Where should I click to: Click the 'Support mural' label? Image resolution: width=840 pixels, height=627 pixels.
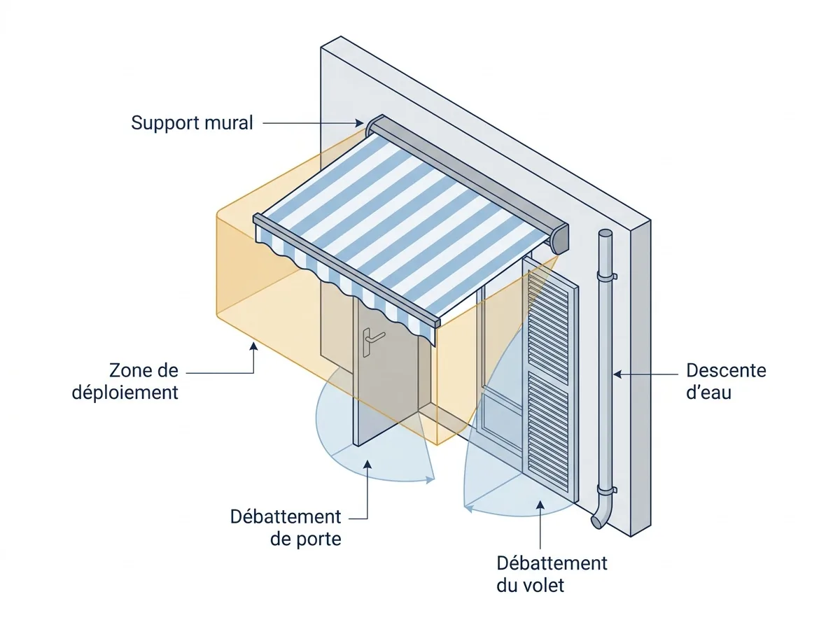click(192, 123)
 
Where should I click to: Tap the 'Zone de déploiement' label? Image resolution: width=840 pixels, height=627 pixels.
click(125, 381)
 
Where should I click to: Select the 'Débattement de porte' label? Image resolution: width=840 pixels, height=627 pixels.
click(286, 528)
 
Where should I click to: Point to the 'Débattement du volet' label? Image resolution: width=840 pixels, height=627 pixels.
click(552, 575)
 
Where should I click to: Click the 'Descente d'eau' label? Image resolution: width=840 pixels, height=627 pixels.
click(726, 381)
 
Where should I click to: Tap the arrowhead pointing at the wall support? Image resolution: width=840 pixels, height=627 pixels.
click(359, 123)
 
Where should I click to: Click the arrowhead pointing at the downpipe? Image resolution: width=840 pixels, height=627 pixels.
click(617, 374)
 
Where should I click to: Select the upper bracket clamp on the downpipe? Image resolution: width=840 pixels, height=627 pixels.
click(607, 276)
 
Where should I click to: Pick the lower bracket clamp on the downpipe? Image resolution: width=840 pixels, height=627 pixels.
click(607, 490)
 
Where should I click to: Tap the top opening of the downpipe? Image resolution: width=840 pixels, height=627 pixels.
click(605, 232)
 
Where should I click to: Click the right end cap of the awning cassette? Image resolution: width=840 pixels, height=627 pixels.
click(560, 239)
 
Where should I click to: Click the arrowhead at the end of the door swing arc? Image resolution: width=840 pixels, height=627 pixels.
click(431, 480)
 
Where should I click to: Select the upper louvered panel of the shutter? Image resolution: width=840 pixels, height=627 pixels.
click(547, 326)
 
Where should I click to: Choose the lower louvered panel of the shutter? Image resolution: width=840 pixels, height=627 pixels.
click(548, 432)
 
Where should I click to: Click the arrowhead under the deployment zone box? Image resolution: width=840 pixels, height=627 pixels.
click(253, 346)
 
